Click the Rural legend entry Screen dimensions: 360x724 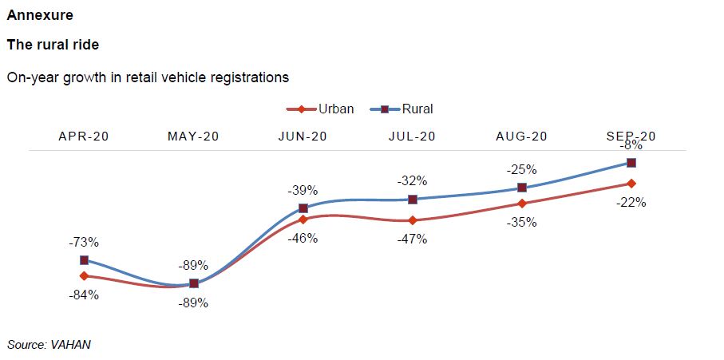point(403,109)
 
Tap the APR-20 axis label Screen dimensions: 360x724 point(84,136)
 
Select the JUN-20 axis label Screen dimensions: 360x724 point(303,136)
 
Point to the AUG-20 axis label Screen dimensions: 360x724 point(522,136)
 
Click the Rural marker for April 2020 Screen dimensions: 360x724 point(84,260)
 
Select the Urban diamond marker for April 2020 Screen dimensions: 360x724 point(84,275)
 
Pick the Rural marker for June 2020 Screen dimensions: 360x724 point(303,208)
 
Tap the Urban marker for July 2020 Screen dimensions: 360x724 point(413,220)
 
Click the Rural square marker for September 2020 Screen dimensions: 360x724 point(631,162)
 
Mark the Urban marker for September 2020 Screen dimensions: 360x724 point(631,184)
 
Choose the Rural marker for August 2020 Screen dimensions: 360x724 point(522,188)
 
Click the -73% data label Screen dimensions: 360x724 point(84,242)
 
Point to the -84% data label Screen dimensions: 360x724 point(84,295)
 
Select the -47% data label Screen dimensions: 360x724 point(413,238)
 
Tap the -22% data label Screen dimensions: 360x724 point(631,202)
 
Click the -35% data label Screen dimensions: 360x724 point(522,223)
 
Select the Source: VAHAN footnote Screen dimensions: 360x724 point(49,344)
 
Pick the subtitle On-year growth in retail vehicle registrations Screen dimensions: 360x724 point(148,77)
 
